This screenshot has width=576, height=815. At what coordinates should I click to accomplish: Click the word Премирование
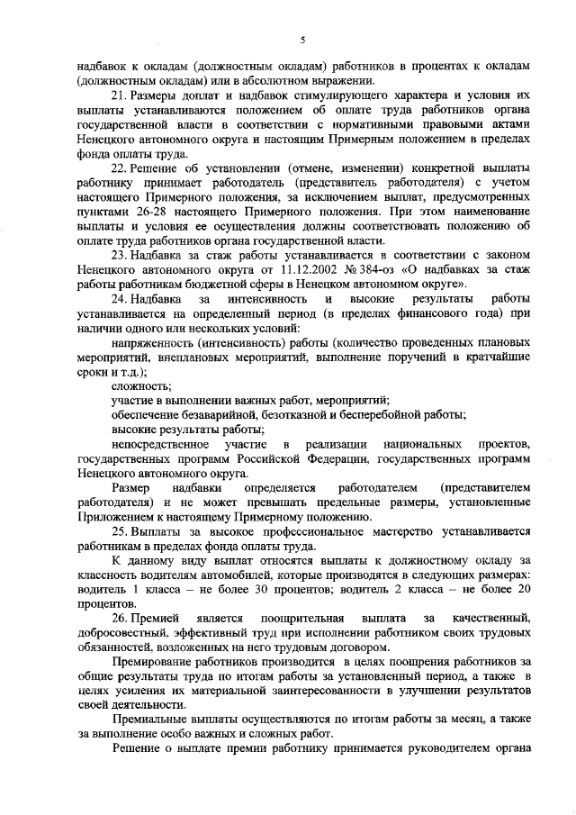[x=156, y=662]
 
